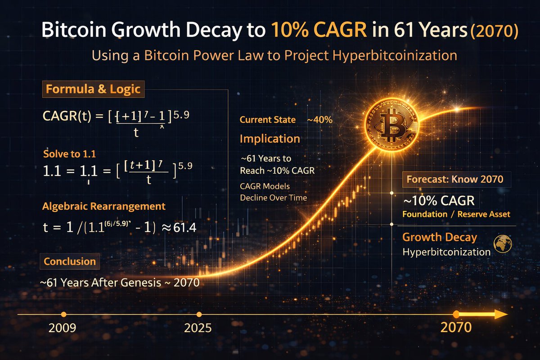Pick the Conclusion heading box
click(70, 261)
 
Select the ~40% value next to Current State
click(319, 120)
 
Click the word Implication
click(270, 139)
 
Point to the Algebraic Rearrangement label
click(104, 207)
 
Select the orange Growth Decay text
click(439, 237)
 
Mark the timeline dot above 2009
click(63, 314)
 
